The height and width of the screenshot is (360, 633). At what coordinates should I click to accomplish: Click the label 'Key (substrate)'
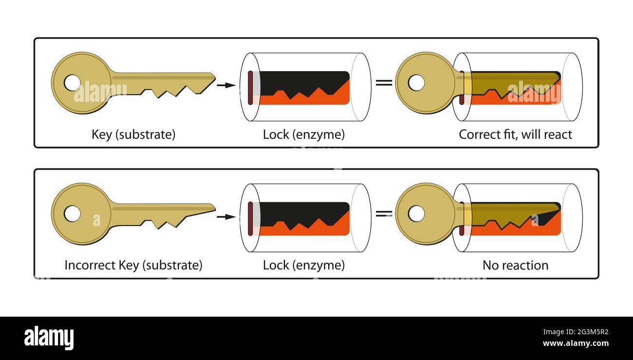pyautogui.click(x=133, y=134)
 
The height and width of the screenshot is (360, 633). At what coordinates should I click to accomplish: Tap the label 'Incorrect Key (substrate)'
pyautogui.click(x=133, y=265)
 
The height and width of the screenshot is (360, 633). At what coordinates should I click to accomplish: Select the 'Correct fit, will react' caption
pyautogui.click(x=515, y=134)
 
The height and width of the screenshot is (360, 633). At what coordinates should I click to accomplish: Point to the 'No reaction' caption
pyautogui.click(x=515, y=265)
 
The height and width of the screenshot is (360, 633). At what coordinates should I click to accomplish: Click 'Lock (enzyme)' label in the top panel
pyautogui.click(x=303, y=134)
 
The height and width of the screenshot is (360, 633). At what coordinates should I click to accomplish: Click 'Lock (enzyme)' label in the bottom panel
pyautogui.click(x=303, y=265)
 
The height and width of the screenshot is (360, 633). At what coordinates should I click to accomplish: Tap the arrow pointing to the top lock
pyautogui.click(x=226, y=85)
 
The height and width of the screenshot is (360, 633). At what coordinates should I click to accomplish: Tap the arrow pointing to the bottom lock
pyautogui.click(x=226, y=216)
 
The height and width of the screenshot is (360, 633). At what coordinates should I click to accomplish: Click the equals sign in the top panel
pyautogui.click(x=384, y=82)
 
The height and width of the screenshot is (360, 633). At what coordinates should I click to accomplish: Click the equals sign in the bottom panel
pyautogui.click(x=384, y=213)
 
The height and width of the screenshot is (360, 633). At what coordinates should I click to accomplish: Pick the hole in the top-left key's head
pyautogui.click(x=72, y=83)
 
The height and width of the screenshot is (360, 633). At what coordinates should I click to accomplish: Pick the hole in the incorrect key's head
pyautogui.click(x=72, y=213)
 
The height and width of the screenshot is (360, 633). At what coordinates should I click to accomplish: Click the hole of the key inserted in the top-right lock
pyautogui.click(x=416, y=83)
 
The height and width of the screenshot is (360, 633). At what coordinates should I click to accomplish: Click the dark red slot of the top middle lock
pyautogui.click(x=250, y=88)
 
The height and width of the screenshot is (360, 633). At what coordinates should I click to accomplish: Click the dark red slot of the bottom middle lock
pyautogui.click(x=250, y=219)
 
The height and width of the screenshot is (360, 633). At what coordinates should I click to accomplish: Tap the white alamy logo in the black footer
pyautogui.click(x=49, y=338)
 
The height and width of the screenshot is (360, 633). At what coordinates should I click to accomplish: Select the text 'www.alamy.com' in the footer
pyautogui.click(x=576, y=343)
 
